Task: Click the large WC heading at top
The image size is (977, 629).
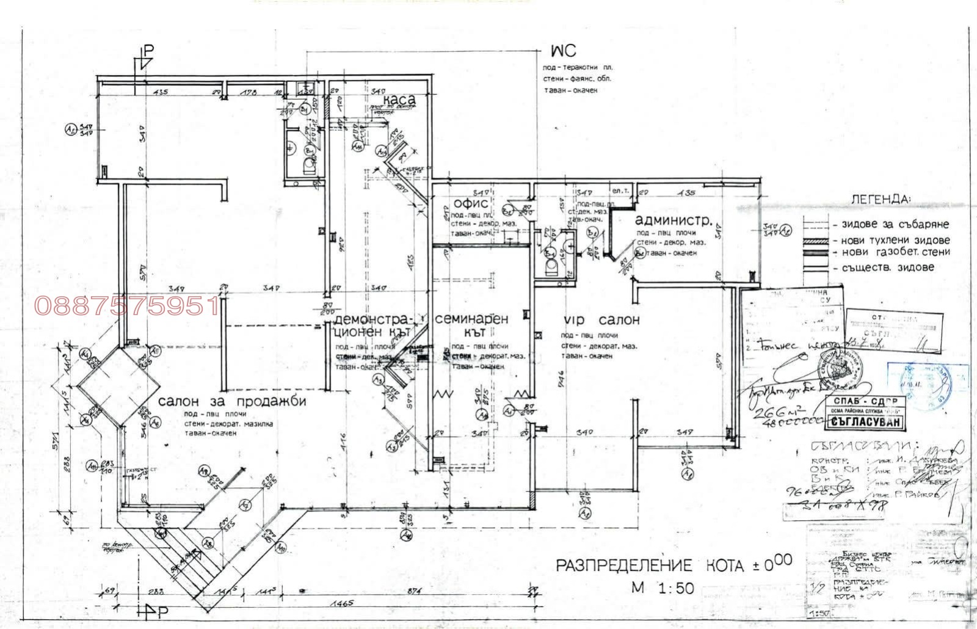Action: pos(562,50)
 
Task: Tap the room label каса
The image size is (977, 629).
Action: pos(399,99)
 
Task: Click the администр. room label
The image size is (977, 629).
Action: pos(673,220)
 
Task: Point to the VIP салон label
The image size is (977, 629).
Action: pos(601,320)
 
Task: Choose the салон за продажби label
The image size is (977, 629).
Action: pos(231,402)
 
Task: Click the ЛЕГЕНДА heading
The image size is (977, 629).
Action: pos(880,199)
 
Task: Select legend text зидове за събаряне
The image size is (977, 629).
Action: pos(895,225)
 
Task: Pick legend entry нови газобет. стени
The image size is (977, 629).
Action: pos(895,252)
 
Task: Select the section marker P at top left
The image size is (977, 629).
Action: pos(147,51)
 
